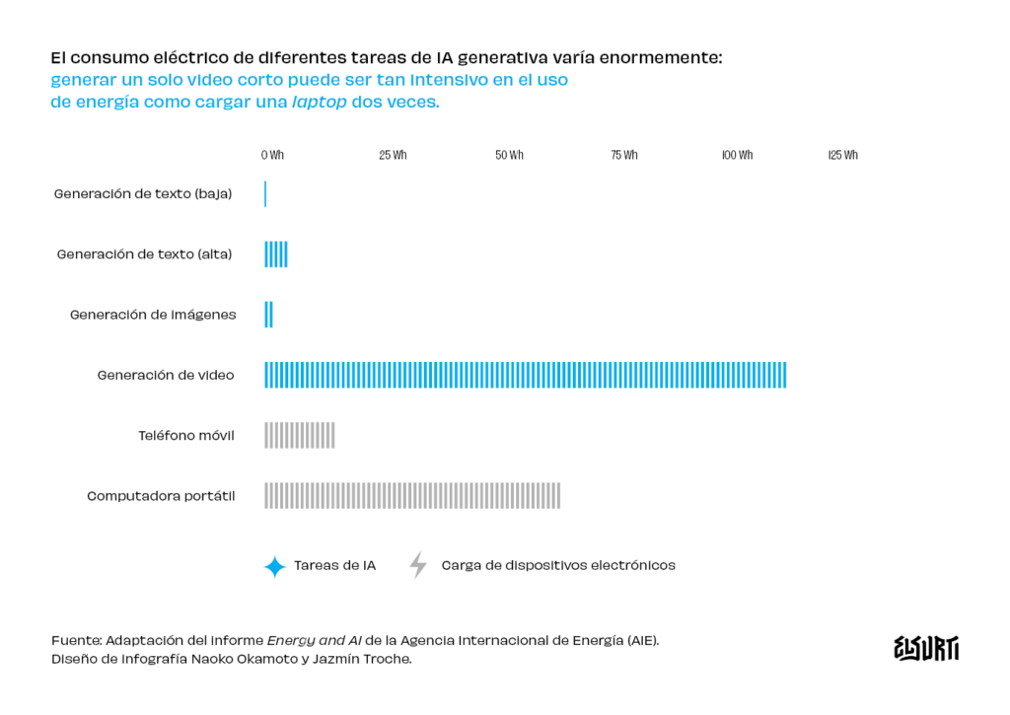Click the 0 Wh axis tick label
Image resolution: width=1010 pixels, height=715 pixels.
point(272,156)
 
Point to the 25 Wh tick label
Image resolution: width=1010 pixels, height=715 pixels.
point(393,156)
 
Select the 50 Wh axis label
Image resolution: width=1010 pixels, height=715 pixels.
point(509,156)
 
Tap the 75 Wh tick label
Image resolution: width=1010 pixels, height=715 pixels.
point(624,156)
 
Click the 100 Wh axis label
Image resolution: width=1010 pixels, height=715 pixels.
point(737,156)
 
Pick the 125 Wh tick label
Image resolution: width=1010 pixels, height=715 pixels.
point(843,156)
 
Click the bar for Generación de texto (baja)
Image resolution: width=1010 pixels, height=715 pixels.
point(265,194)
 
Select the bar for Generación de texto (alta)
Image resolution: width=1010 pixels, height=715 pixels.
point(276,254)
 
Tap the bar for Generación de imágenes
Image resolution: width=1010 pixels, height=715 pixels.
point(268,315)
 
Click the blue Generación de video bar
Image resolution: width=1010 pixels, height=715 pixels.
point(525,375)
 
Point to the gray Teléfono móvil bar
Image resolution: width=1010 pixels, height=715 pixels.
point(300,435)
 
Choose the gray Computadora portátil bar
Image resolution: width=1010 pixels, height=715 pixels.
point(412,495)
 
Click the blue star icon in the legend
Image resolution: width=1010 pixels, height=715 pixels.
point(274,566)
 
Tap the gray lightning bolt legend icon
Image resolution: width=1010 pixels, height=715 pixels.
point(418,565)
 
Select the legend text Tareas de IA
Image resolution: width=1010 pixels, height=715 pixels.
point(334,566)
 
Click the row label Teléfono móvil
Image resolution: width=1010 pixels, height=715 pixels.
point(186,435)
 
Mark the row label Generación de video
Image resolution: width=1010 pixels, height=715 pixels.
point(166,375)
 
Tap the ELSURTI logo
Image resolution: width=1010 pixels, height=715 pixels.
point(925,648)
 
